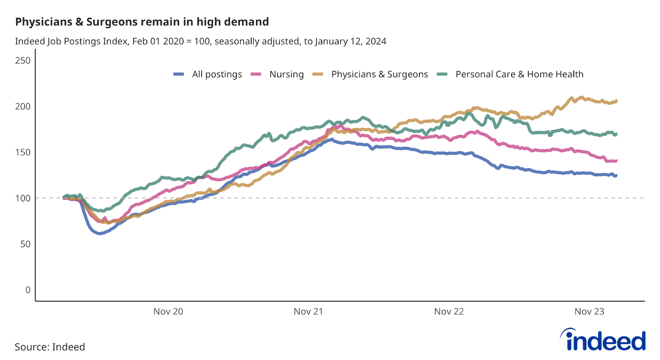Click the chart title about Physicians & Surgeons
pos(142,22)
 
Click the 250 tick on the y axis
pos(23,61)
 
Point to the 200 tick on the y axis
pos(23,106)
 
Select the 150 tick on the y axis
pos(23,152)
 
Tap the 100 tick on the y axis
pos(23,198)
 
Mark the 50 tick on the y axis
pos(25,244)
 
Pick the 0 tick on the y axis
pos(28,290)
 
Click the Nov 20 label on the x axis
pos(168,311)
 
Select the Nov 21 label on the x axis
pos(308,311)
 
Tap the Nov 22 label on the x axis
pos(449,311)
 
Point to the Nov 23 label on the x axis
pos(589,311)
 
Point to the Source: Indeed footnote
pos(50,347)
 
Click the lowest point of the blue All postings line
pos(99,233)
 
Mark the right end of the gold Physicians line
pos(616,101)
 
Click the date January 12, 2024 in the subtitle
pos(351,41)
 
